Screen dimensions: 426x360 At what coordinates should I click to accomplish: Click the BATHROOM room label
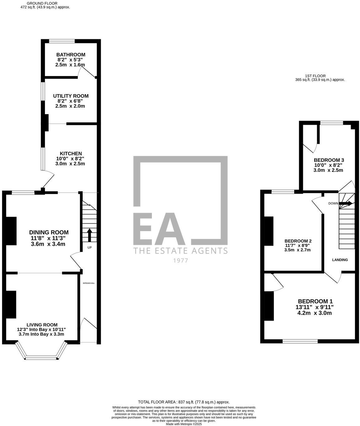click(71, 55)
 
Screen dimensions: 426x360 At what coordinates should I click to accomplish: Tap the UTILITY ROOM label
click(71, 96)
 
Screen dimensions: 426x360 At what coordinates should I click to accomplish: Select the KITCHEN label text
click(71, 153)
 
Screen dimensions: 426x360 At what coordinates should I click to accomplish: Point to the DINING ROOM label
click(49, 232)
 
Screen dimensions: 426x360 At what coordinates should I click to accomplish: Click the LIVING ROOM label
click(42, 325)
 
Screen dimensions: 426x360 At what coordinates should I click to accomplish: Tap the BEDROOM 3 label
click(328, 160)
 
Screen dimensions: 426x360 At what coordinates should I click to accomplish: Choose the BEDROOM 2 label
click(298, 241)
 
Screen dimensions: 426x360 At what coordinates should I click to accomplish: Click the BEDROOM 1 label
click(315, 301)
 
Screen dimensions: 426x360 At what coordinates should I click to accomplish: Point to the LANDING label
click(340, 260)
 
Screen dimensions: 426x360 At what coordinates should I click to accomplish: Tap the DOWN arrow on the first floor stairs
click(346, 203)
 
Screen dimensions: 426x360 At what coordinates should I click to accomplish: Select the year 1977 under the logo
click(180, 260)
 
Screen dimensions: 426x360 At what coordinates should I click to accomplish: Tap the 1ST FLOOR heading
click(315, 76)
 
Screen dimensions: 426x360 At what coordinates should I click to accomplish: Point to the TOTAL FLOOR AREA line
click(184, 402)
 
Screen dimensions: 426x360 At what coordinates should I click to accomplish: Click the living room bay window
click(42, 357)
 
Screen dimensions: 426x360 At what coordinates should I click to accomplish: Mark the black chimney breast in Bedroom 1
click(269, 306)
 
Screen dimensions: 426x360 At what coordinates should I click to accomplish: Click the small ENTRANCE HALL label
click(89, 283)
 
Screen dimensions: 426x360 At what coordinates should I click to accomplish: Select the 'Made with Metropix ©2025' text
click(184, 424)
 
